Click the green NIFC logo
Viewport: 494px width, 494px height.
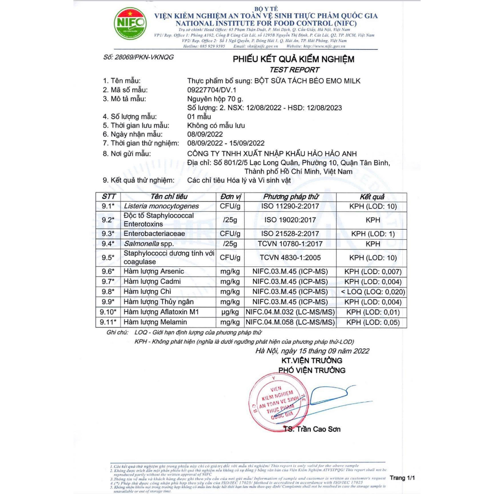click(129, 23)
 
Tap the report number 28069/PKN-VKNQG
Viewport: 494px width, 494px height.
click(138, 57)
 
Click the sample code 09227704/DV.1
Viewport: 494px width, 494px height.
click(212, 90)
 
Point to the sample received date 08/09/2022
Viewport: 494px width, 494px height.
click(205, 134)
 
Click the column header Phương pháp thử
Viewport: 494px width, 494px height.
click(291, 197)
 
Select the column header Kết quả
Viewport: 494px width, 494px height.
click(372, 197)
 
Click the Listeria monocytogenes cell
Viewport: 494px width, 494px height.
click(154, 206)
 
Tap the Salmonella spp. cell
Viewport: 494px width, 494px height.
click(149, 244)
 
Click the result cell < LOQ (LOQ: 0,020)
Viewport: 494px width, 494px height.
click(372, 292)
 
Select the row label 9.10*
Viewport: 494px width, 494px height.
click(109, 312)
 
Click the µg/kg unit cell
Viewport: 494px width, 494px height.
click(230, 312)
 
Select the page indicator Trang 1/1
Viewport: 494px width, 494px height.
click(402, 478)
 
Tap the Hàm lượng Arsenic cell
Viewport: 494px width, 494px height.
click(154, 272)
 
